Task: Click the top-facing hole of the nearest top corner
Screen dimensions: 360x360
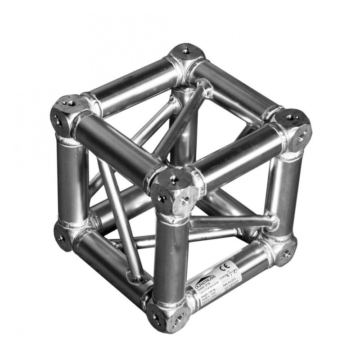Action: (x=173, y=180)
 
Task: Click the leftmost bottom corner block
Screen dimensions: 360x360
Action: (x=63, y=235)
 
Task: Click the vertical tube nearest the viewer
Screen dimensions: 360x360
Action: (x=171, y=256)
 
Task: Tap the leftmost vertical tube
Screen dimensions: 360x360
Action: (x=72, y=180)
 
